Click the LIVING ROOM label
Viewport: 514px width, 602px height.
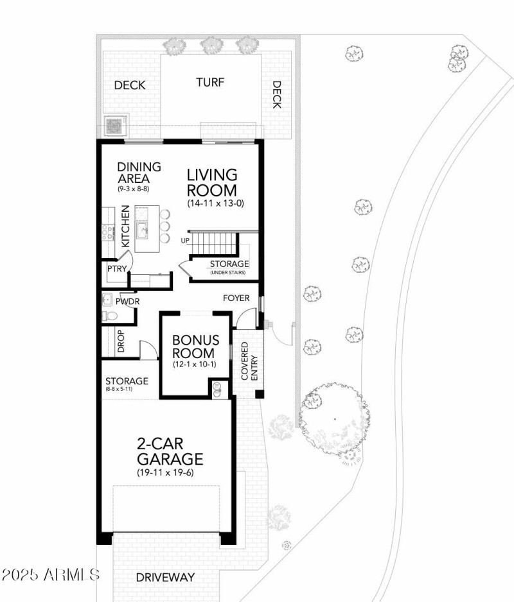(211, 182)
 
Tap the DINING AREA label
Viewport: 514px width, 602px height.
(139, 173)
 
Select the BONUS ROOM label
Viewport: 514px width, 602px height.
(195, 347)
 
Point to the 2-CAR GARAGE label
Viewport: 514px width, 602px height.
(170, 451)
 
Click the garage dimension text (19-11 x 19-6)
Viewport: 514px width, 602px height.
(165, 472)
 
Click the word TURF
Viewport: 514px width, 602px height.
(210, 82)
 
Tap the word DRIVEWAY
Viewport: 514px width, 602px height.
(165, 577)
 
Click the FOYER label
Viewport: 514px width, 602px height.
(236, 298)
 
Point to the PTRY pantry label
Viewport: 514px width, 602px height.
(116, 269)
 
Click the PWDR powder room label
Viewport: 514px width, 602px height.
(128, 301)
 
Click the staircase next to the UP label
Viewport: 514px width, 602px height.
(215, 244)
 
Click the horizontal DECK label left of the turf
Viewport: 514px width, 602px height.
(130, 85)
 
